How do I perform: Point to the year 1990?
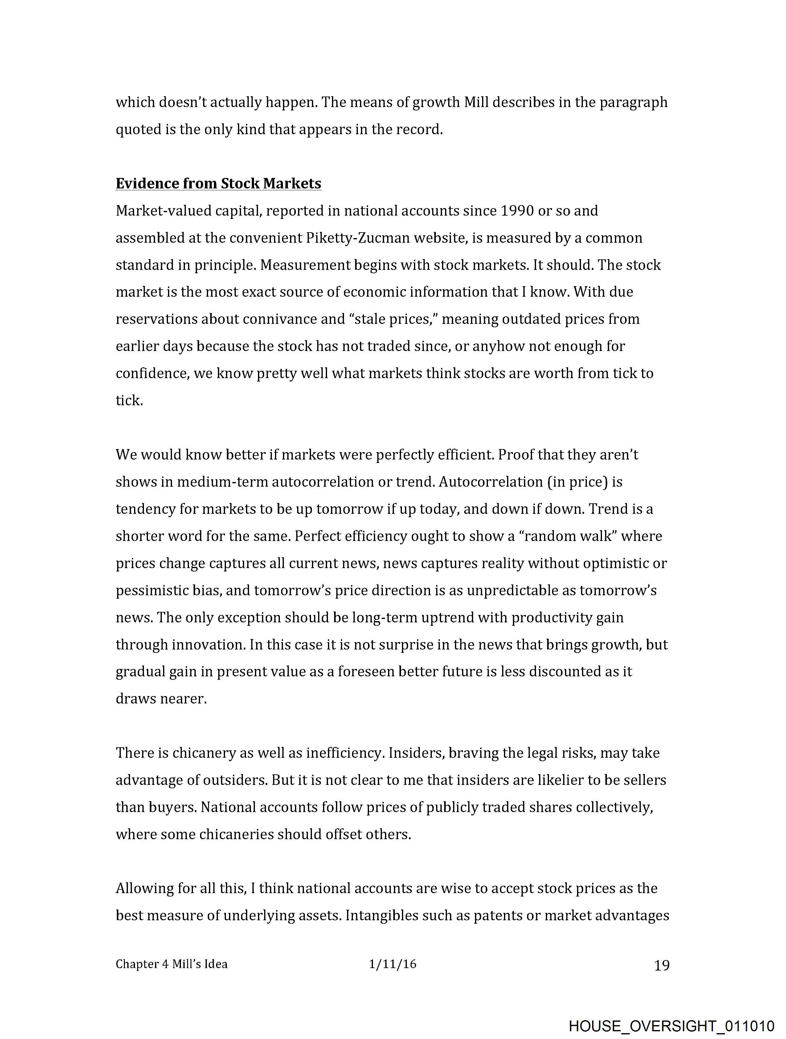pos(517,211)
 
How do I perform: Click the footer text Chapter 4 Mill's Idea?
pos(171,964)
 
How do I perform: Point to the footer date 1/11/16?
pos(392,964)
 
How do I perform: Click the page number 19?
pos(661,966)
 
